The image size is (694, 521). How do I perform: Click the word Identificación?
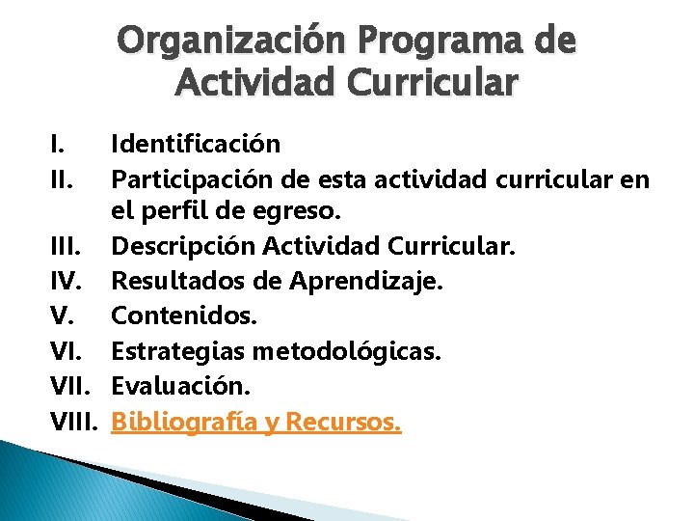(196, 145)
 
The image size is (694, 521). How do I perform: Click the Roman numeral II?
(62, 179)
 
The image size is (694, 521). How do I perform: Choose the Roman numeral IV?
(67, 283)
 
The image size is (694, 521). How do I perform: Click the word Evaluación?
(180, 386)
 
